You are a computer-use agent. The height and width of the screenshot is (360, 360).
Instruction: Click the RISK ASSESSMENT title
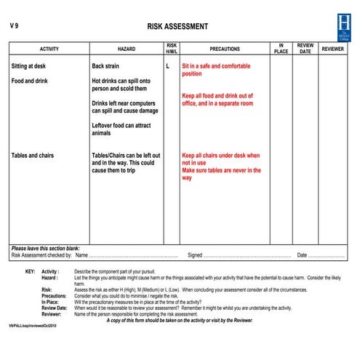coord(177,27)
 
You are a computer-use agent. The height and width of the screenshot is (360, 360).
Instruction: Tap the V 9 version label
coord(14,26)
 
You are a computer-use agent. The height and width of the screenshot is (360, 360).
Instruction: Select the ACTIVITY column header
coord(49,49)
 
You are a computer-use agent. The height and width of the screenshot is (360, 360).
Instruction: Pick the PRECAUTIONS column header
coord(225,49)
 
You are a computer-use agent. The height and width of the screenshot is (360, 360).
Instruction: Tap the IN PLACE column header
coord(281,49)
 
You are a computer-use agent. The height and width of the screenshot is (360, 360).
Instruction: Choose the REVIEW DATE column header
coord(305,49)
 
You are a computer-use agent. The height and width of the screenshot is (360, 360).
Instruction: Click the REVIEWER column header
coord(333,49)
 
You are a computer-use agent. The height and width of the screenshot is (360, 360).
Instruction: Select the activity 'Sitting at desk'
coord(29,66)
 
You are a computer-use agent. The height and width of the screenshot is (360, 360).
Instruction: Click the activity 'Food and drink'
coord(29,81)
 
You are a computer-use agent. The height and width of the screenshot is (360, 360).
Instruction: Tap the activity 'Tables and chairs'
coord(32,156)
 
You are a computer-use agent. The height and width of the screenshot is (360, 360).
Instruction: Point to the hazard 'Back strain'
coord(110,66)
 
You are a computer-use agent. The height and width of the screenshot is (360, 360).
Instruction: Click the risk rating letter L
coord(167,66)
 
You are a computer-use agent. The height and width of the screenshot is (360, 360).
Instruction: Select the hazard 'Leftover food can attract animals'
coord(121,129)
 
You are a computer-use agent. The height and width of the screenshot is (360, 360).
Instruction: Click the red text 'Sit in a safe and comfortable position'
coord(215,70)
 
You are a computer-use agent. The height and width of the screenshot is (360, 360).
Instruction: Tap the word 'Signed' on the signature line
coord(195,255)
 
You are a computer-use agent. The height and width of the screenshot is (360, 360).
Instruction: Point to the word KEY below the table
coord(30,271)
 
